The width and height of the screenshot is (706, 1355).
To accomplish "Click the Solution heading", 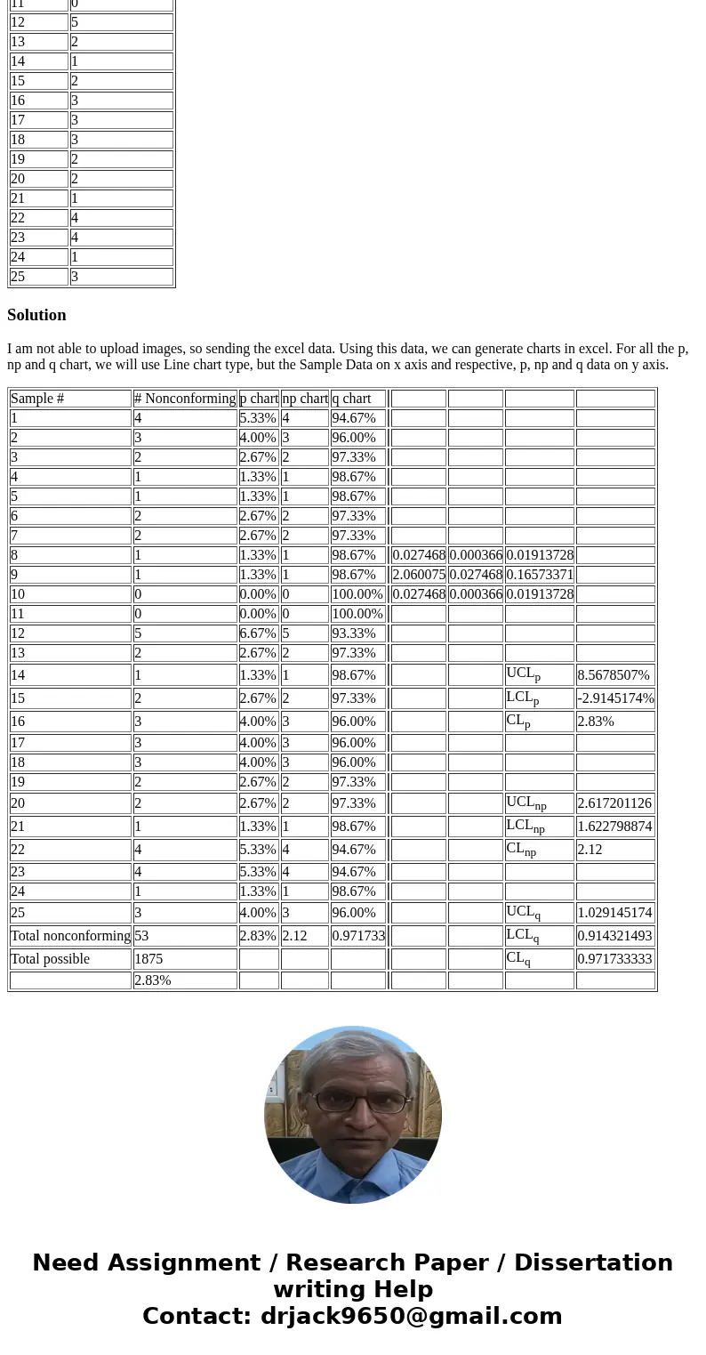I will pos(36,315).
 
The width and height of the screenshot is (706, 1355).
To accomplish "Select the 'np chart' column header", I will pos(305,399).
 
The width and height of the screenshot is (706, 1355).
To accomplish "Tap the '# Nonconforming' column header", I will pos(185,399).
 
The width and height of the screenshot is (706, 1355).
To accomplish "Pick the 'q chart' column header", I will pos(351,399).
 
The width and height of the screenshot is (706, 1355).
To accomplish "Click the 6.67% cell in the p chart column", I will pos(258,633).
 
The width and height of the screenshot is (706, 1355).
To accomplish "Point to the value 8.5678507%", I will pos(614,675).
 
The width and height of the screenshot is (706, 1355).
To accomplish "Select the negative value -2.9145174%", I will pos(615,698).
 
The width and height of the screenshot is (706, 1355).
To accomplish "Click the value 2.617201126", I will pos(614,803).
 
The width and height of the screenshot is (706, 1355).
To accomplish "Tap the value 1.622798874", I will pos(614,827).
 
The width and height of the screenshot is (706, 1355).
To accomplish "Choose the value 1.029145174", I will pos(614,913).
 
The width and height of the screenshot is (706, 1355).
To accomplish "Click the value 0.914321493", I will pos(614,936).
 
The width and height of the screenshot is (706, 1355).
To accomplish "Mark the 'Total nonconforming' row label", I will pos(70,936).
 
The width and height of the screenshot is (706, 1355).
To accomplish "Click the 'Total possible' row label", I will pos(50,959).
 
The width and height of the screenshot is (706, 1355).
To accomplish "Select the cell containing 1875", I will pos(149,959).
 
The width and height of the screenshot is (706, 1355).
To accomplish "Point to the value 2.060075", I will pos(419,575).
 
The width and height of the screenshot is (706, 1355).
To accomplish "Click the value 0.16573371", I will pos(540,575).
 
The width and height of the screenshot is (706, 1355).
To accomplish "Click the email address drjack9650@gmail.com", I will pos(411,1317).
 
